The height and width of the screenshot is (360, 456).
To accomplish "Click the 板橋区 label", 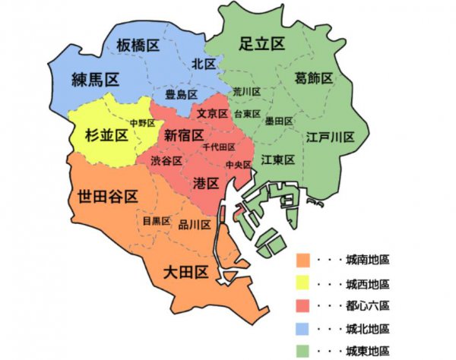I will (138, 46).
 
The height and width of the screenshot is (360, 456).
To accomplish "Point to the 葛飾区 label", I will (314, 78).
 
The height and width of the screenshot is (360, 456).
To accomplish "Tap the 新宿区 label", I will (183, 135).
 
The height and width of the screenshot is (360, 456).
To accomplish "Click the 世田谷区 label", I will (107, 197).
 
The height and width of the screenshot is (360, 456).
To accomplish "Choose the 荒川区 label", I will (247, 91).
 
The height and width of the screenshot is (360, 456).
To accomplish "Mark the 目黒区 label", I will (157, 221).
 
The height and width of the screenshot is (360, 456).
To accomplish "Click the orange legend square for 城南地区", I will (303, 261).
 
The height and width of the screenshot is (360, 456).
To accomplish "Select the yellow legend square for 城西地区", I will (303, 283).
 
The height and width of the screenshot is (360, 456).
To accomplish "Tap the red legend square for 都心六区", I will (303, 306).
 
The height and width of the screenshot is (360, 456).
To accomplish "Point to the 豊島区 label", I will (182, 94).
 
